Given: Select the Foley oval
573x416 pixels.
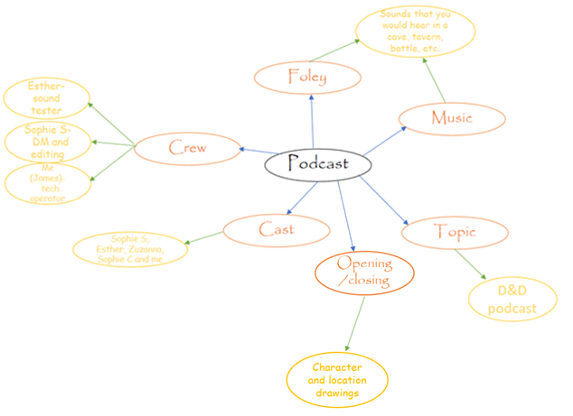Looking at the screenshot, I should point(307,77).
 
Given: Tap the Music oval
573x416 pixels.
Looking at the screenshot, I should point(451,117).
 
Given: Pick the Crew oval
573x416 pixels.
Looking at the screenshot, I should point(187,147).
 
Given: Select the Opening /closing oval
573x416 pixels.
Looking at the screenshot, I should point(364,272).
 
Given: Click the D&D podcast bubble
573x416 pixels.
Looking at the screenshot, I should point(512,300).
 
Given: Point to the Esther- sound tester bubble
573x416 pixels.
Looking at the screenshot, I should point(46,98).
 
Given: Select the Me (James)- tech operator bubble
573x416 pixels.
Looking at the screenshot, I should point(47,183).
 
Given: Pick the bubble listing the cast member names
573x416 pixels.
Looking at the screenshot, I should point(131,249).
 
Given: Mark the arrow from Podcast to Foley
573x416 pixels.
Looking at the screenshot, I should point(312,122).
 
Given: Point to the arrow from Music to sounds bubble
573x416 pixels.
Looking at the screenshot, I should point(435,81).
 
